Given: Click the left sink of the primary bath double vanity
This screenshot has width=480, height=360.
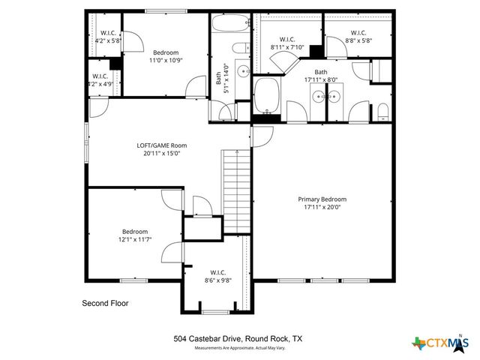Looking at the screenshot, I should click(319, 95).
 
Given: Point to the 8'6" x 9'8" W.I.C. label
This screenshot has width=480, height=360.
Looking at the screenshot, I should click(217, 277).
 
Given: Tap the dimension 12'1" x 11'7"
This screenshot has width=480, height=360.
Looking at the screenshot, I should click(136, 240).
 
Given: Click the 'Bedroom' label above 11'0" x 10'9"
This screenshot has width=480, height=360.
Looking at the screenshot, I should click(166, 52).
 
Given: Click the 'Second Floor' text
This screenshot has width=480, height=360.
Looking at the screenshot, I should click(105, 304).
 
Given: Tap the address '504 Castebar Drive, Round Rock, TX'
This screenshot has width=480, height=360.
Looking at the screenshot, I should click(239, 339).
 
